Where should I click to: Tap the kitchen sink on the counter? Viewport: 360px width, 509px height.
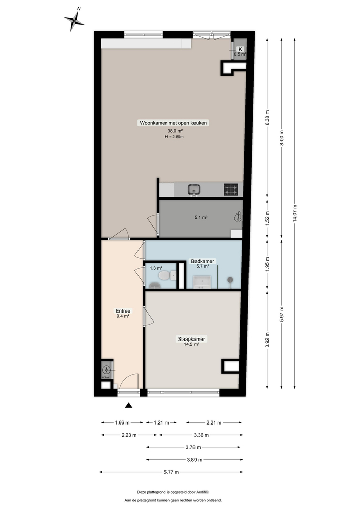[x=193, y=190]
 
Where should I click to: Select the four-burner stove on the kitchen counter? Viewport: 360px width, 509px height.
[x=231, y=190]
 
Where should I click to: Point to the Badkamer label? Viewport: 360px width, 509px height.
[x=203, y=261]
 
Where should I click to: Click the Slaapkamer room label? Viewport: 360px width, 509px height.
[x=192, y=338]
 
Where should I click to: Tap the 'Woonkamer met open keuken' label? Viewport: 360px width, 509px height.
[x=174, y=123]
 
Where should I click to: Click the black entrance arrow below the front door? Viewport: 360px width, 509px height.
[x=129, y=405]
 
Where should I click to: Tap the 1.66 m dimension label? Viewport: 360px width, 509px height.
[x=122, y=422]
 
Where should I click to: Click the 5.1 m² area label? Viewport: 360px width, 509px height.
[x=201, y=217]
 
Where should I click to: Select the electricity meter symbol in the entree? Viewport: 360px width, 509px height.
[x=106, y=370]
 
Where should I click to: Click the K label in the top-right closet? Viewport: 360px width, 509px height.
[x=240, y=48]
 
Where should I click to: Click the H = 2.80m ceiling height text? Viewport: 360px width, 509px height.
[x=174, y=137]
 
